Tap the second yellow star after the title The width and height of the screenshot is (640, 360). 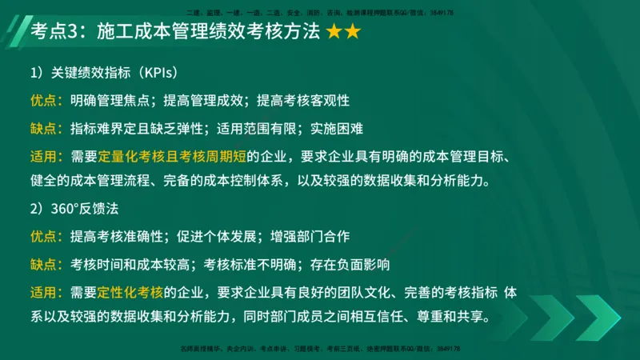click(x=353, y=32)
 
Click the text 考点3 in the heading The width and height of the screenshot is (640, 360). click(x=57, y=32)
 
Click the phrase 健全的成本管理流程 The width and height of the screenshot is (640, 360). click(x=90, y=178)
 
